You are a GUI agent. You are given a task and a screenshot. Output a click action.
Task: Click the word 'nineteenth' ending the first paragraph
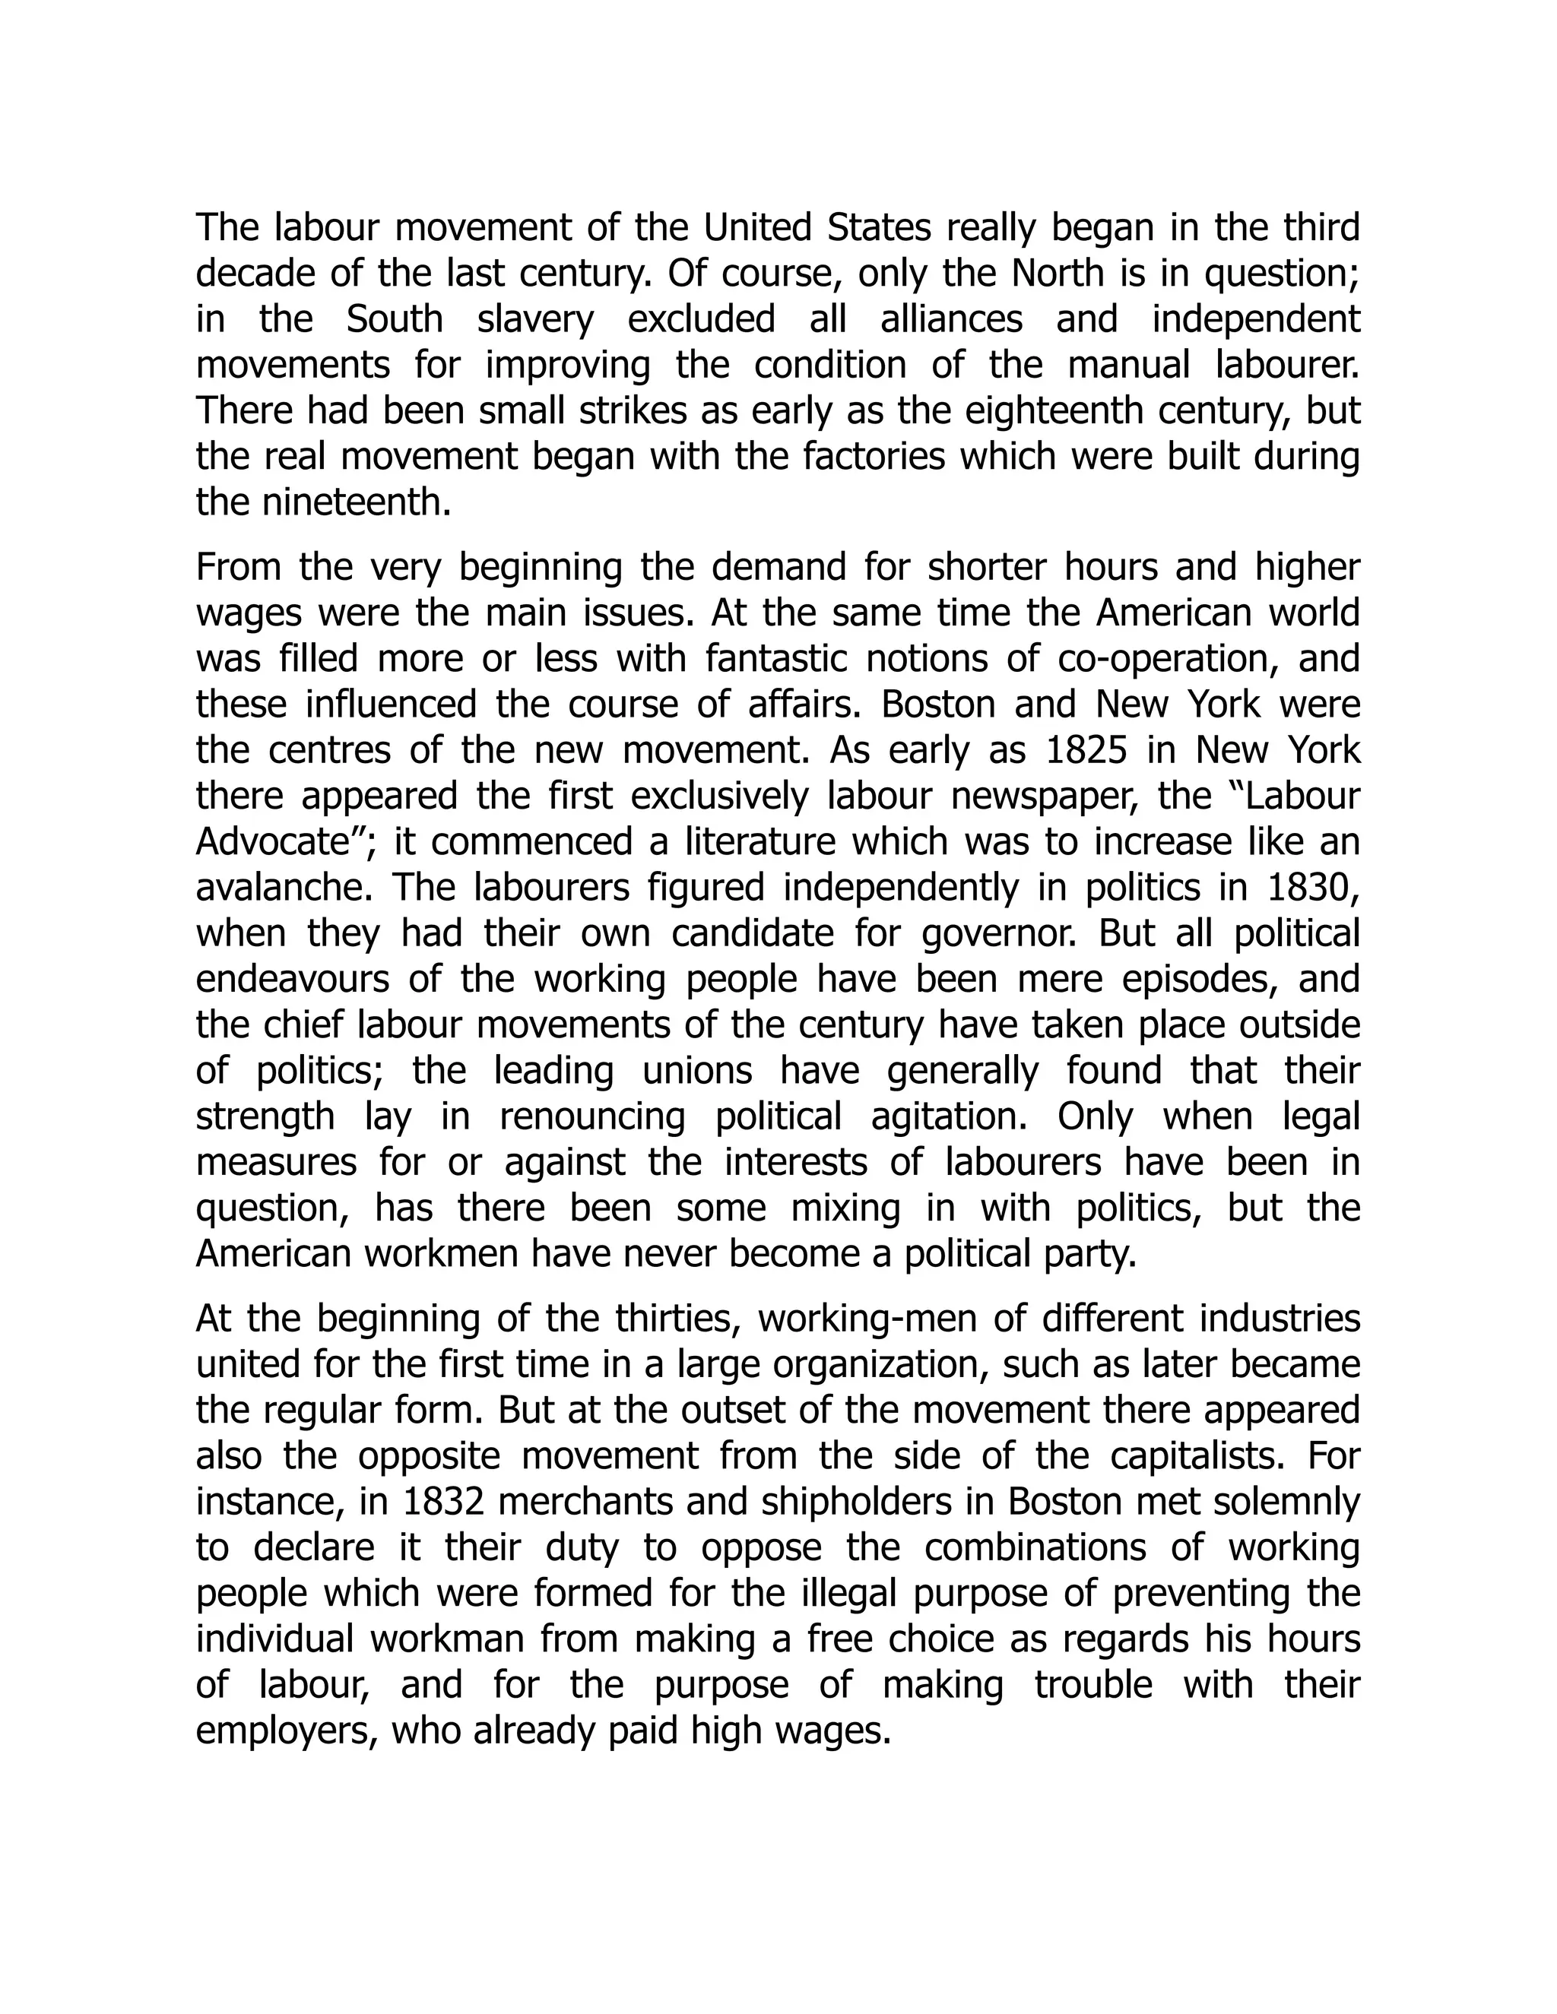point(323,502)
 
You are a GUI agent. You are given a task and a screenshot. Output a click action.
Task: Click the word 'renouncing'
point(592,1116)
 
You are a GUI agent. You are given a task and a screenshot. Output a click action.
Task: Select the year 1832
point(445,1503)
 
